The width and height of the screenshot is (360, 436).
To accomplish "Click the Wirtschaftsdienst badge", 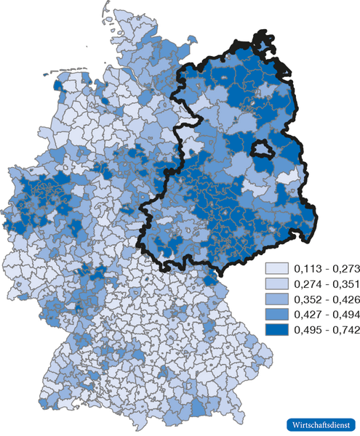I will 317,424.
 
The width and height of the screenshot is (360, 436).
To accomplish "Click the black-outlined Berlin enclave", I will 261,149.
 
